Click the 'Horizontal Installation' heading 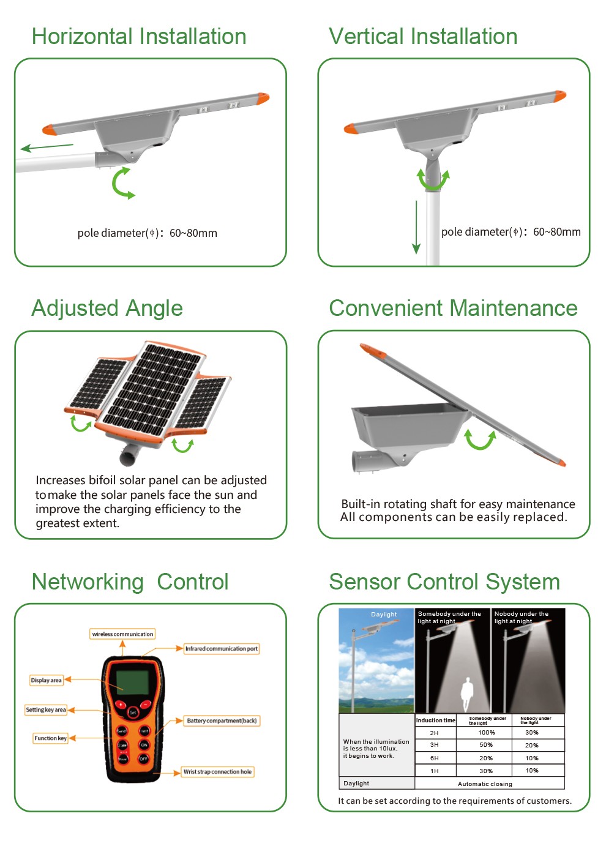139,37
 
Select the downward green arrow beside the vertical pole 416,226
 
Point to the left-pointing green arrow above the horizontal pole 47,147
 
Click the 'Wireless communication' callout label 122,634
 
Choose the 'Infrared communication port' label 222,648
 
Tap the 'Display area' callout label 47,680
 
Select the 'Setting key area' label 46,710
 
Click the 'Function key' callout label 50,738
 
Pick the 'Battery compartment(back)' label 222,720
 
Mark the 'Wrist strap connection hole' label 217,772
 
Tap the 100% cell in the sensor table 487,733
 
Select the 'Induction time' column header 436,720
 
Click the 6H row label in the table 434,758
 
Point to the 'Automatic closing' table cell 485,784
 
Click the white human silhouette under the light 467,693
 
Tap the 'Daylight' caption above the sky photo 384,615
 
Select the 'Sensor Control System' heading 444,582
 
